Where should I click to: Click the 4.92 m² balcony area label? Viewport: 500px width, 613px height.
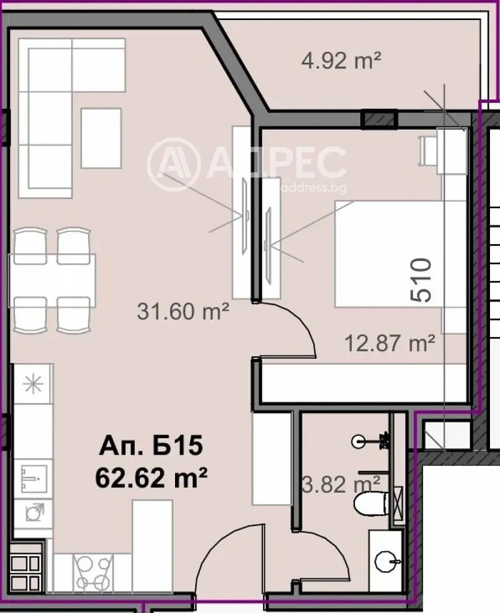click(x=341, y=61)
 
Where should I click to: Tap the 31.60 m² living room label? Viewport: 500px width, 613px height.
click(x=183, y=311)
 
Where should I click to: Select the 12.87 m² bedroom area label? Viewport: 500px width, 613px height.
click(x=389, y=343)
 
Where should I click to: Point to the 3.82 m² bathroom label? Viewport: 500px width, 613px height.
click(x=341, y=485)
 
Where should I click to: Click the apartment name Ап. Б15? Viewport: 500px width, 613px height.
click(x=151, y=446)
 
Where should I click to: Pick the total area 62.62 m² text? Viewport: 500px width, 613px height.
click(x=151, y=478)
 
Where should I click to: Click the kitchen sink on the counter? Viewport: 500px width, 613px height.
click(x=33, y=478)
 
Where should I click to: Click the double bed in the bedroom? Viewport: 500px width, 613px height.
click(x=389, y=253)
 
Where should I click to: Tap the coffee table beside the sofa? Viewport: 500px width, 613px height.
click(x=101, y=138)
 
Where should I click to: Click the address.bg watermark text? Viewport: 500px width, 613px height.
click(x=314, y=188)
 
